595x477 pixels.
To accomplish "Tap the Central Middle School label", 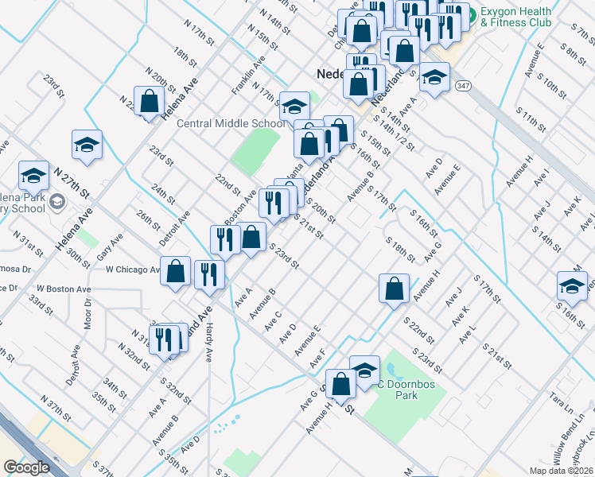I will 231,123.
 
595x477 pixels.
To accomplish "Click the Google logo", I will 26,467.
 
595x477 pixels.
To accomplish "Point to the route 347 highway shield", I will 463,85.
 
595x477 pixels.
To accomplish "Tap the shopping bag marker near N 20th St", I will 149,101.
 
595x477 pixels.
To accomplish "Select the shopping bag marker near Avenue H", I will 394,288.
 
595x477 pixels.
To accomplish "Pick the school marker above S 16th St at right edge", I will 571,287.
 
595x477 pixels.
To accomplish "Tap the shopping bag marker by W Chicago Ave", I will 175,271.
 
